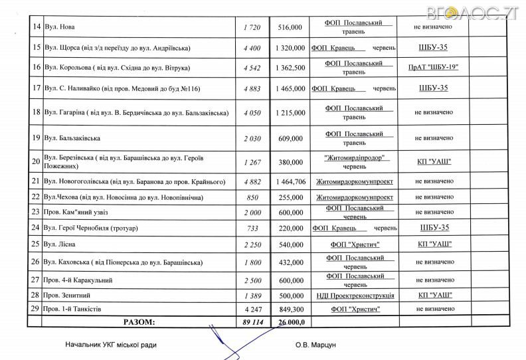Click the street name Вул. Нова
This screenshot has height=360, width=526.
click(60, 27)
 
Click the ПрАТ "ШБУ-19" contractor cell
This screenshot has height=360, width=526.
click(434, 68)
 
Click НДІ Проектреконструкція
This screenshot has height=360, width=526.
click(355, 294)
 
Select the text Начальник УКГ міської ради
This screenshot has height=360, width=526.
click(112, 345)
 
